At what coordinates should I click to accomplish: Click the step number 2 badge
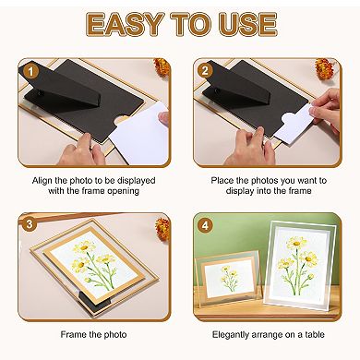coord(204,68)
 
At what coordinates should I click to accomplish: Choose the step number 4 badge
coord(204,223)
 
